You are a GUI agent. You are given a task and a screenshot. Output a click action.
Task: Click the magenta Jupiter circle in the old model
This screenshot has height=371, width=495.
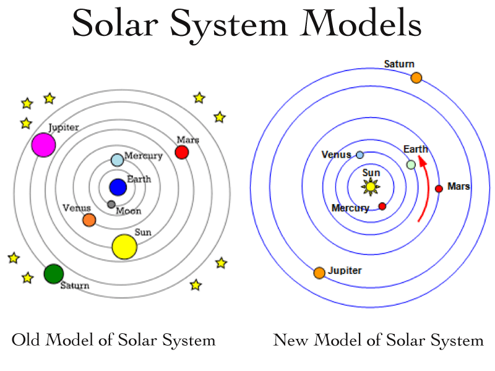coord(43,145)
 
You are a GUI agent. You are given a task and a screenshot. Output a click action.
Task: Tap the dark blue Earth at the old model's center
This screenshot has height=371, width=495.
coord(118,187)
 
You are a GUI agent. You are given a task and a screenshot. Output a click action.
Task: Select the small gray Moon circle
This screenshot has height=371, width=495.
coord(111,205)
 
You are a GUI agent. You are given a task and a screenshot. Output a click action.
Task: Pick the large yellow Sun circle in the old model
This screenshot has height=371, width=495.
coord(125,247)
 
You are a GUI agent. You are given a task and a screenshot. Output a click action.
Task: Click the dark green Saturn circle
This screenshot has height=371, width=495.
coord(54,274)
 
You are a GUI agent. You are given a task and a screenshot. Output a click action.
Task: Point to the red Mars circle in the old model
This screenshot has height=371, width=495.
coord(182,152)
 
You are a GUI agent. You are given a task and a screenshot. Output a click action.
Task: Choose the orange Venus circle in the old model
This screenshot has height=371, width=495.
coord(89,220)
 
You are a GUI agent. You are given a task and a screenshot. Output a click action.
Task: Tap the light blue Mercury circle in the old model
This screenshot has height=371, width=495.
coord(117,160)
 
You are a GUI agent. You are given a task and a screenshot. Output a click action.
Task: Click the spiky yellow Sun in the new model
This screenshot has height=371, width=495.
coord(371,187)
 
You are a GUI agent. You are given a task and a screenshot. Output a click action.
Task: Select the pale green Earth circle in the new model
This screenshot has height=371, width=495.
coord(411,164)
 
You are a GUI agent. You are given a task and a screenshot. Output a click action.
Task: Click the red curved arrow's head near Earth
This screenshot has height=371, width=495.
coord(423,161)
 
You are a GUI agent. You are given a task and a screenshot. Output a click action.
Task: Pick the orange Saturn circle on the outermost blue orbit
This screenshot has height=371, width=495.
coord(416,78)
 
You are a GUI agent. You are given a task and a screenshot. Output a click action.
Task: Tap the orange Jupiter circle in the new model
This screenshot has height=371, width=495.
coord(319,273)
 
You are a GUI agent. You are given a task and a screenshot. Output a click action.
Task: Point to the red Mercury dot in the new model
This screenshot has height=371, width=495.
coord(382,207)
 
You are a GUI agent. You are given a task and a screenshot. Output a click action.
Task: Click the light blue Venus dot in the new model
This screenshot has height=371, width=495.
coord(360,155)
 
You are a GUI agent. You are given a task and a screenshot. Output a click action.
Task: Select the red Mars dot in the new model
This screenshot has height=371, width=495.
coord(439,189)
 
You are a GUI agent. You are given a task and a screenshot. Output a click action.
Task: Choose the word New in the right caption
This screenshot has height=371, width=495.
coord(290,340)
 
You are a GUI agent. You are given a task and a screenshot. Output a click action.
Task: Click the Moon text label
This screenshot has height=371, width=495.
coord(129,211)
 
